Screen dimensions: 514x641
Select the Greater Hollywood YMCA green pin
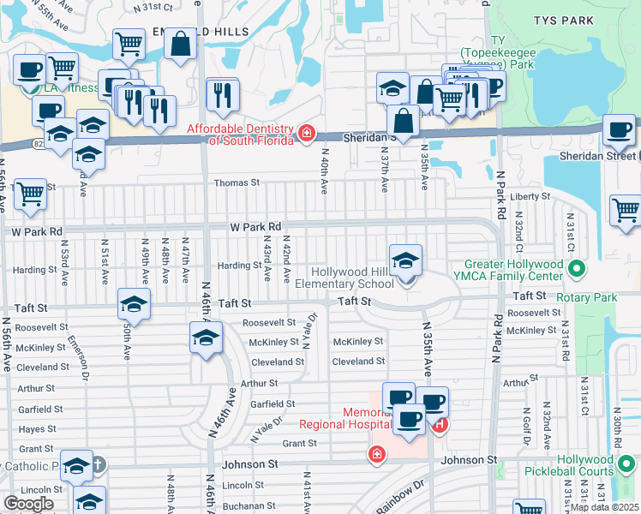[x=577, y=270]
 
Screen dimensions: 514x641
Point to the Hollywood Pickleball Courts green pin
[x=627, y=464]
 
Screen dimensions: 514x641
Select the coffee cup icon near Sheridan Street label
[x=619, y=130]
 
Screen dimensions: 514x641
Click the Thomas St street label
[x=236, y=182]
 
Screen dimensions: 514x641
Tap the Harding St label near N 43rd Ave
[x=239, y=266]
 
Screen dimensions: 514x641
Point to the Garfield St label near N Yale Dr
[x=273, y=403]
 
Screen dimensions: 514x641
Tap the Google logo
[x=28, y=504]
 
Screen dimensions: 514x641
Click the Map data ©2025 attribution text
[x=604, y=507]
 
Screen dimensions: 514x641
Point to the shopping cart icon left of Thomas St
[x=30, y=194]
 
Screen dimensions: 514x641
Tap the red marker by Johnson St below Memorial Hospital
[x=375, y=454]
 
